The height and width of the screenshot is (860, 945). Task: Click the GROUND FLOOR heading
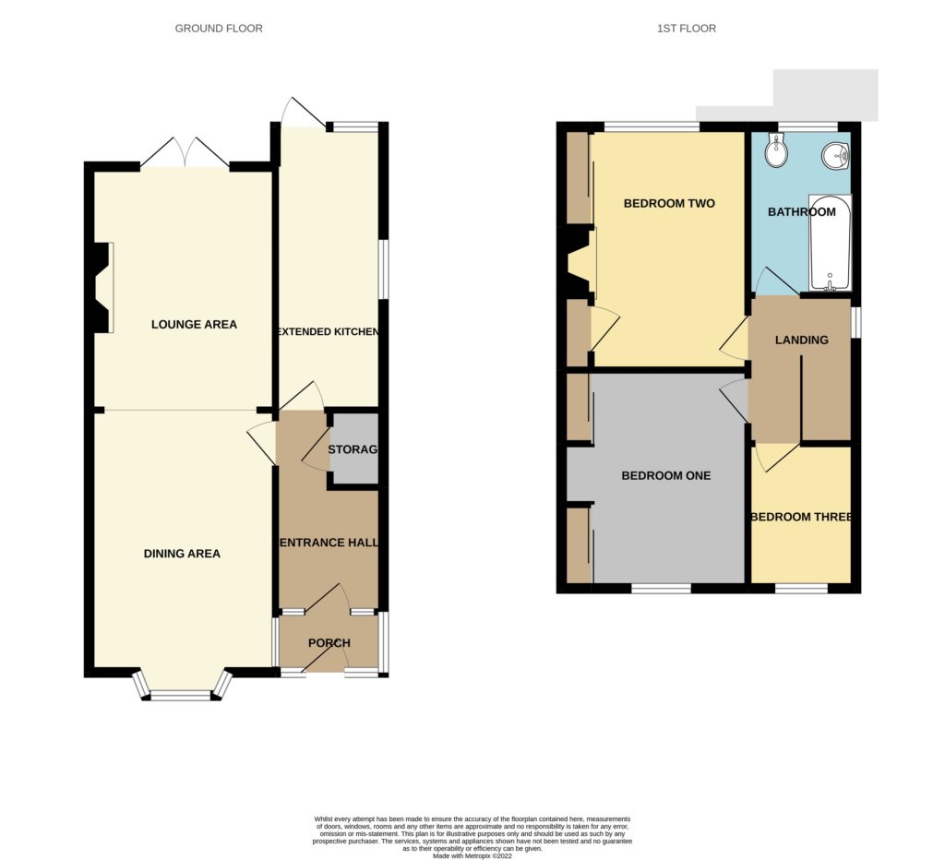[x=219, y=29]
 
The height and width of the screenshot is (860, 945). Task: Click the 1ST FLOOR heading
[x=686, y=29]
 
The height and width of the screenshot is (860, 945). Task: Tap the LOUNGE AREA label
[x=194, y=324]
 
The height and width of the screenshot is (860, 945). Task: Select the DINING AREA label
[x=182, y=554]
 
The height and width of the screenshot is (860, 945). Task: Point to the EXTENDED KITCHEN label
[x=328, y=331]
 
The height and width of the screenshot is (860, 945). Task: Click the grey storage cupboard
[x=354, y=449]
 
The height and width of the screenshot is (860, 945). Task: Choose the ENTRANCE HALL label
[x=328, y=543]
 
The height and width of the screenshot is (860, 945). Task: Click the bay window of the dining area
[x=181, y=691]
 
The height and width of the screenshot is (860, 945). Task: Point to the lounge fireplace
[x=103, y=287]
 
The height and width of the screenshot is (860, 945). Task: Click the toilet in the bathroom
[x=775, y=151]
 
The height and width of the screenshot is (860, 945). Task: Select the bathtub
[x=830, y=243]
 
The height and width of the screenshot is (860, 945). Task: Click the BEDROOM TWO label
[x=669, y=203]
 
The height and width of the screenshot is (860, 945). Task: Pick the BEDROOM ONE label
[x=665, y=476]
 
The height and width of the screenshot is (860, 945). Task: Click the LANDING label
[x=801, y=340]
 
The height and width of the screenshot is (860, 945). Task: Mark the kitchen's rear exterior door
[x=304, y=112]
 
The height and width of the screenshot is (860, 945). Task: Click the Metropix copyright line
[x=472, y=855]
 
